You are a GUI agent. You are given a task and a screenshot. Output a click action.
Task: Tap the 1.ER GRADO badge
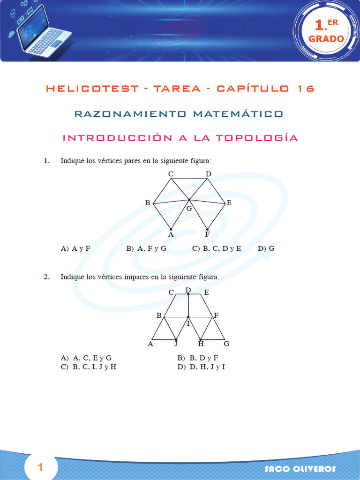(x=326, y=31)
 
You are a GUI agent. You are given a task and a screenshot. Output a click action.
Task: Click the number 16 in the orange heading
(x=306, y=89)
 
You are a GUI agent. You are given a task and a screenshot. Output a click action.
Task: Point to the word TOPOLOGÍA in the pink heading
(x=257, y=138)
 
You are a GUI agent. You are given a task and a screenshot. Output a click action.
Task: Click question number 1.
(x=46, y=161)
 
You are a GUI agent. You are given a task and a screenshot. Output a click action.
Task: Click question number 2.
(x=46, y=277)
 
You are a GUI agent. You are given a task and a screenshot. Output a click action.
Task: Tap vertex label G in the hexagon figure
(x=189, y=209)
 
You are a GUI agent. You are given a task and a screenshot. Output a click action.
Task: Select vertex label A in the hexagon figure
(x=171, y=234)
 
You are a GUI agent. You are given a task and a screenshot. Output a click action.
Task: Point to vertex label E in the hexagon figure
(x=229, y=203)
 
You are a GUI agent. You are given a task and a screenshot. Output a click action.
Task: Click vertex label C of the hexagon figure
(x=171, y=174)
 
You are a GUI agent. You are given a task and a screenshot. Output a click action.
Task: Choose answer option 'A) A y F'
(x=75, y=249)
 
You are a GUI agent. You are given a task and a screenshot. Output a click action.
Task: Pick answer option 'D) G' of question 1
(x=266, y=249)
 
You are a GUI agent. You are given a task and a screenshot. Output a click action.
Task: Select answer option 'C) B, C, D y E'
(x=217, y=249)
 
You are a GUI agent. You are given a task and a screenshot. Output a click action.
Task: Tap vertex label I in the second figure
(x=188, y=323)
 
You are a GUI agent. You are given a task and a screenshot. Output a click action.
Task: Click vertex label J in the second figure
(x=175, y=344)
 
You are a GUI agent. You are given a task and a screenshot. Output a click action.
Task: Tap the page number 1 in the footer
(x=41, y=467)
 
